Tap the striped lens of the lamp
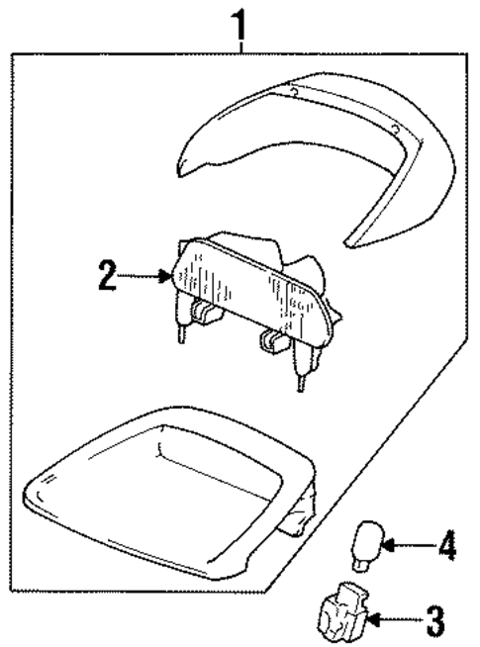click(x=247, y=291)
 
